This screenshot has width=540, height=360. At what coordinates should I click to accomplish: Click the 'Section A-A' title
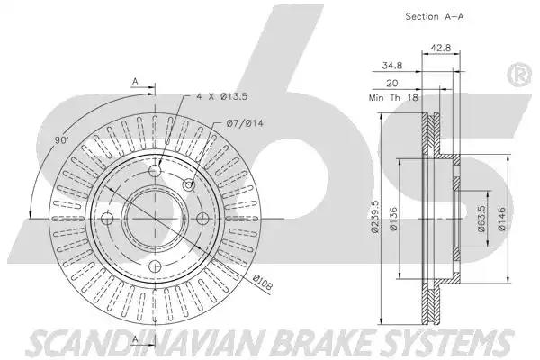[435, 16]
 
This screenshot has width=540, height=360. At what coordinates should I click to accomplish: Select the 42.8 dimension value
[441, 48]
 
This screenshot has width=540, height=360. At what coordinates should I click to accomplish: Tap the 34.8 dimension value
[392, 65]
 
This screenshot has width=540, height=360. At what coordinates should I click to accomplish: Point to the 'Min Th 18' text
[393, 97]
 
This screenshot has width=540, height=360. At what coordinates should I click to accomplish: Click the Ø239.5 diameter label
[375, 217]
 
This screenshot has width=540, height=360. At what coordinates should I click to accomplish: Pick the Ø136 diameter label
[393, 219]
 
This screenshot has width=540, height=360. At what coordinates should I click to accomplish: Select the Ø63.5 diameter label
[481, 219]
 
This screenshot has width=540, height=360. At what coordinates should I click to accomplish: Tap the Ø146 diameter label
[501, 219]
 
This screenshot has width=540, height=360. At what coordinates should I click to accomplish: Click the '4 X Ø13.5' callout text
[222, 96]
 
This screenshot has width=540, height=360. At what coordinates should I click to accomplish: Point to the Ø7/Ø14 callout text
[245, 123]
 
